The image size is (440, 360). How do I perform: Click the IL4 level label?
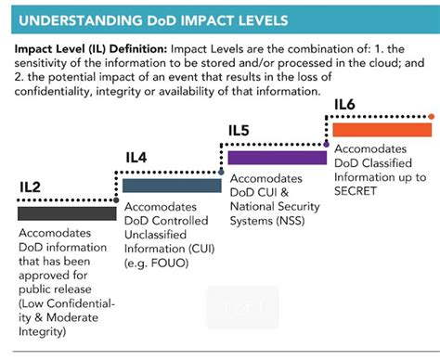[136, 159]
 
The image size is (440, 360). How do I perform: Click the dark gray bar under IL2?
[66, 213]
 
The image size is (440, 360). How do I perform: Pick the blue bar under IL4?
[172, 185]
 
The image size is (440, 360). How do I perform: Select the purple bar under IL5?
[276, 157]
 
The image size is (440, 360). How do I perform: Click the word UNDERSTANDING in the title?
[72, 19]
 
